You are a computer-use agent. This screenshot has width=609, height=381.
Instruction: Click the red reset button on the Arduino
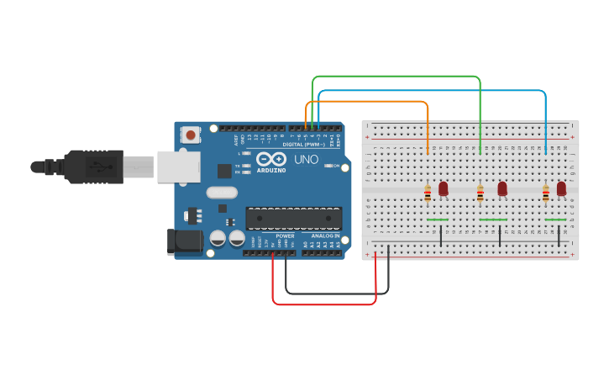coord(191,135)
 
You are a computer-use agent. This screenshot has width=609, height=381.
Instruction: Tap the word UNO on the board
coord(301,159)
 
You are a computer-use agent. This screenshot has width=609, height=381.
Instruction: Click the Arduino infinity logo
coord(271,159)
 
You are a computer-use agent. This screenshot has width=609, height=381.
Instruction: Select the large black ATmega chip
coord(293,218)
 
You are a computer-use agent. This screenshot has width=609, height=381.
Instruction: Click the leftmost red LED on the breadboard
coord(444,188)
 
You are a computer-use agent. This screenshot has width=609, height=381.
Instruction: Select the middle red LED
coord(502,188)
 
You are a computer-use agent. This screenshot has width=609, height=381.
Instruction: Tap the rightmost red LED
coord(561,188)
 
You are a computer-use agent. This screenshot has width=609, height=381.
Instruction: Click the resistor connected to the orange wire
coord(428,194)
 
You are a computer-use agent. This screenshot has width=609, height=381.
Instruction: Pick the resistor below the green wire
coord(480,194)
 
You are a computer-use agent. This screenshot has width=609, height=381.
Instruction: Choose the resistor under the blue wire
coord(546,194)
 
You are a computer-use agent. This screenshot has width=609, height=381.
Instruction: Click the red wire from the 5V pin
coord(323,304)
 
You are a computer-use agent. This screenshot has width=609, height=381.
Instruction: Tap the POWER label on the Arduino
coord(285,236)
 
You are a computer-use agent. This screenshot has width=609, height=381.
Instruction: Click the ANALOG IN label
coord(325,236)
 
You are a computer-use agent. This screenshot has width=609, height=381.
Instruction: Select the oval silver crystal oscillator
coord(222,193)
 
